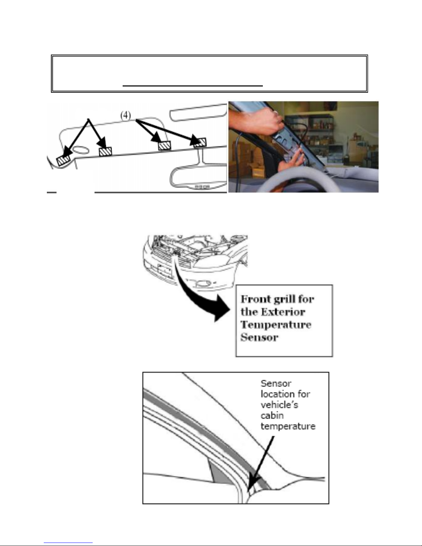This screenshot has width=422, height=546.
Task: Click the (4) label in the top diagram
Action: (126, 116)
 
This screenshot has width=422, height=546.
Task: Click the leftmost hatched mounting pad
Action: (63, 160)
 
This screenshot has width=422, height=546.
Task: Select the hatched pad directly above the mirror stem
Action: (200, 142)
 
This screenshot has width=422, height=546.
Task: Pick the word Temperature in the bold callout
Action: (276, 324)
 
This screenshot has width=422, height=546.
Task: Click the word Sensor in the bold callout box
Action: (259, 337)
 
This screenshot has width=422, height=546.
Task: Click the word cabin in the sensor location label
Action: (272, 415)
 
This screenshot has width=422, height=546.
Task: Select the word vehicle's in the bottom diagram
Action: (279, 404)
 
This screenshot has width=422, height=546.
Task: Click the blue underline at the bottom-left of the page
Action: (68, 543)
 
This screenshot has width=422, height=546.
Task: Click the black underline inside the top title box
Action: (193, 86)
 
